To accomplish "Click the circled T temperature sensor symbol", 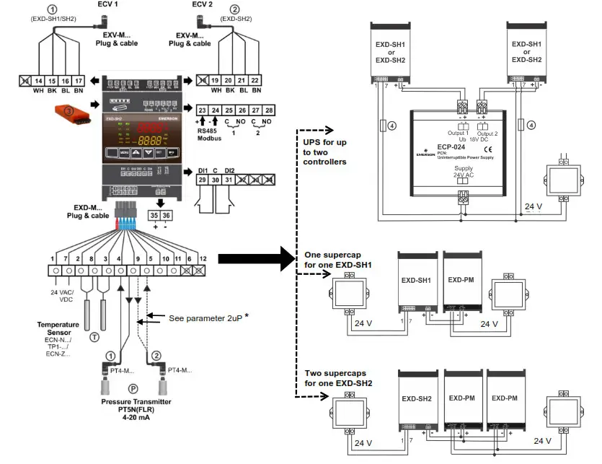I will pos(94,336).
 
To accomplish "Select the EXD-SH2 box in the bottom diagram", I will pos(417,398).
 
